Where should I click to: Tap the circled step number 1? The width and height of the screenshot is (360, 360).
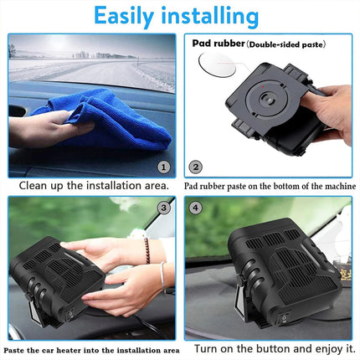164,167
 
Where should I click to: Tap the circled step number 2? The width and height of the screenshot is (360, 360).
195,167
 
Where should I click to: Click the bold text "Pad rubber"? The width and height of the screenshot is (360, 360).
216,44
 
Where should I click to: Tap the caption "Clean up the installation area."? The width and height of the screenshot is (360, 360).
94,185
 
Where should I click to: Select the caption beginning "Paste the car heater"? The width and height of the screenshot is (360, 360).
92,349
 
